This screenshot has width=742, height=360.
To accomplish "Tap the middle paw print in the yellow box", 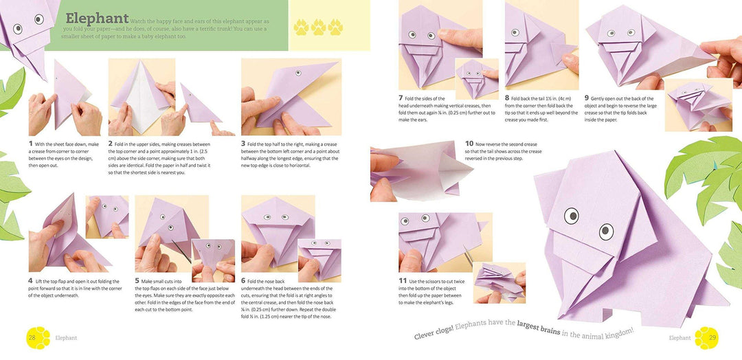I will [x=318, y=27].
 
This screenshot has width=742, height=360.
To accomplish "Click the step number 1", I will [x=31, y=144].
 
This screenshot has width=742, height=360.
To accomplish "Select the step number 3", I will [x=243, y=144].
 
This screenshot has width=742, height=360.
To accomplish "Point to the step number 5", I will [x=137, y=281].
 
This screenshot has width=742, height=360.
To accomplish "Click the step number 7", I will [x=401, y=98].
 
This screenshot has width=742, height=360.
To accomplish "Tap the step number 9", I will [x=586, y=98].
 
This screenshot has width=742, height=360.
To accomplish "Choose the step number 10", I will [x=469, y=144].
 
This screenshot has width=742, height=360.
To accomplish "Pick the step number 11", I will [x=403, y=281].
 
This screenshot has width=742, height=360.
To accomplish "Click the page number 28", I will [x=32, y=337].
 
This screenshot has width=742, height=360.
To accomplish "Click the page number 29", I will [x=712, y=337].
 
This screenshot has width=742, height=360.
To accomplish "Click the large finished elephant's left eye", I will [x=572, y=216].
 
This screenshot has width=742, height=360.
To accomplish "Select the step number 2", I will [x=111, y=144].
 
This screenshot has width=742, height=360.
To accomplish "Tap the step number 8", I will [x=507, y=98].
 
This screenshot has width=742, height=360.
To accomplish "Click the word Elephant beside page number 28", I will [x=66, y=338].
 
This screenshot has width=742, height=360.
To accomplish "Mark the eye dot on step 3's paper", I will [x=298, y=73].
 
